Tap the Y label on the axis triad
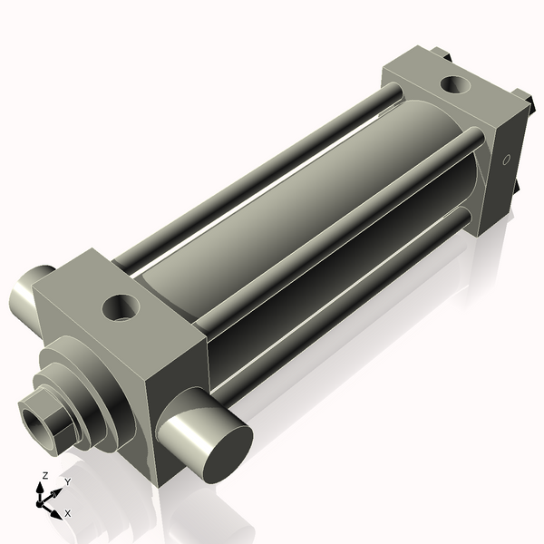67,481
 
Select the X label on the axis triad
67,513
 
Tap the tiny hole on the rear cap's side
507,161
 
